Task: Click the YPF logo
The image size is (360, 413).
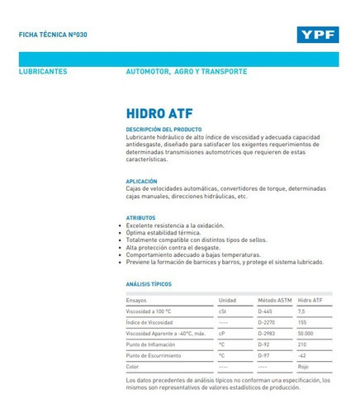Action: (316, 35)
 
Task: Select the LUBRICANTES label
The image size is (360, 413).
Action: (43, 72)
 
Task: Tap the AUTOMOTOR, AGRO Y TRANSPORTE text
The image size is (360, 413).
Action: (186, 72)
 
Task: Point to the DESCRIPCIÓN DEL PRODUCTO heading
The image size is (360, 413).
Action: (163, 130)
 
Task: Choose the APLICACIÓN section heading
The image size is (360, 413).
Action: (141, 181)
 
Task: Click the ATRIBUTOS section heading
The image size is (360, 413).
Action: (140, 218)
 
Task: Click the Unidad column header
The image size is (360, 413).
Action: (227, 300)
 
